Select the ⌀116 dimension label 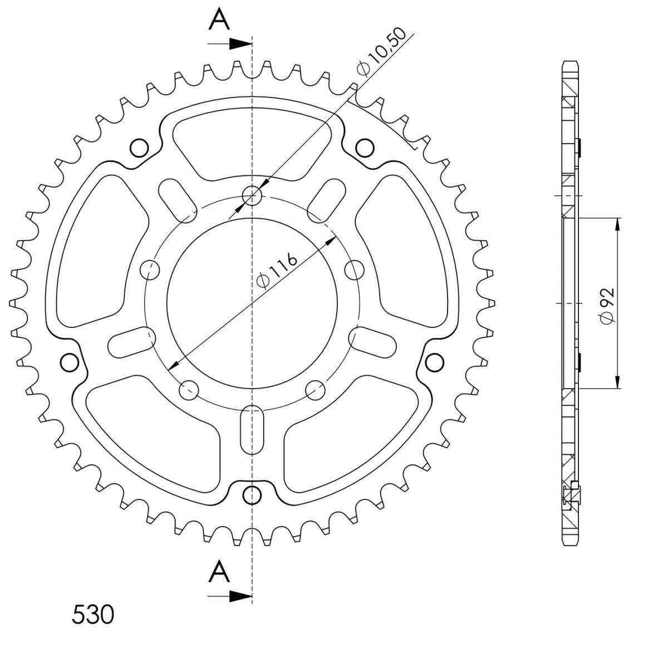click(276, 271)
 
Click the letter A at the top click(219, 19)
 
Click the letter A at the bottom click(219, 562)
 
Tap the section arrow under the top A click(229, 44)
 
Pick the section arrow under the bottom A click(229, 587)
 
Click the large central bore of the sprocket click(252, 303)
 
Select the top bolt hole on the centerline click(252, 196)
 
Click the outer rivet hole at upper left click(139, 148)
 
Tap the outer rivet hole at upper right click(365, 148)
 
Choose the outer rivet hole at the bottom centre click(252, 495)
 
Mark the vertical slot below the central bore click(252, 429)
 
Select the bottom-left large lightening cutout click(153, 434)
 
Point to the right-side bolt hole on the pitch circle click(355, 269)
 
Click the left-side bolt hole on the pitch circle click(150, 269)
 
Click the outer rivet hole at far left click(70, 362)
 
